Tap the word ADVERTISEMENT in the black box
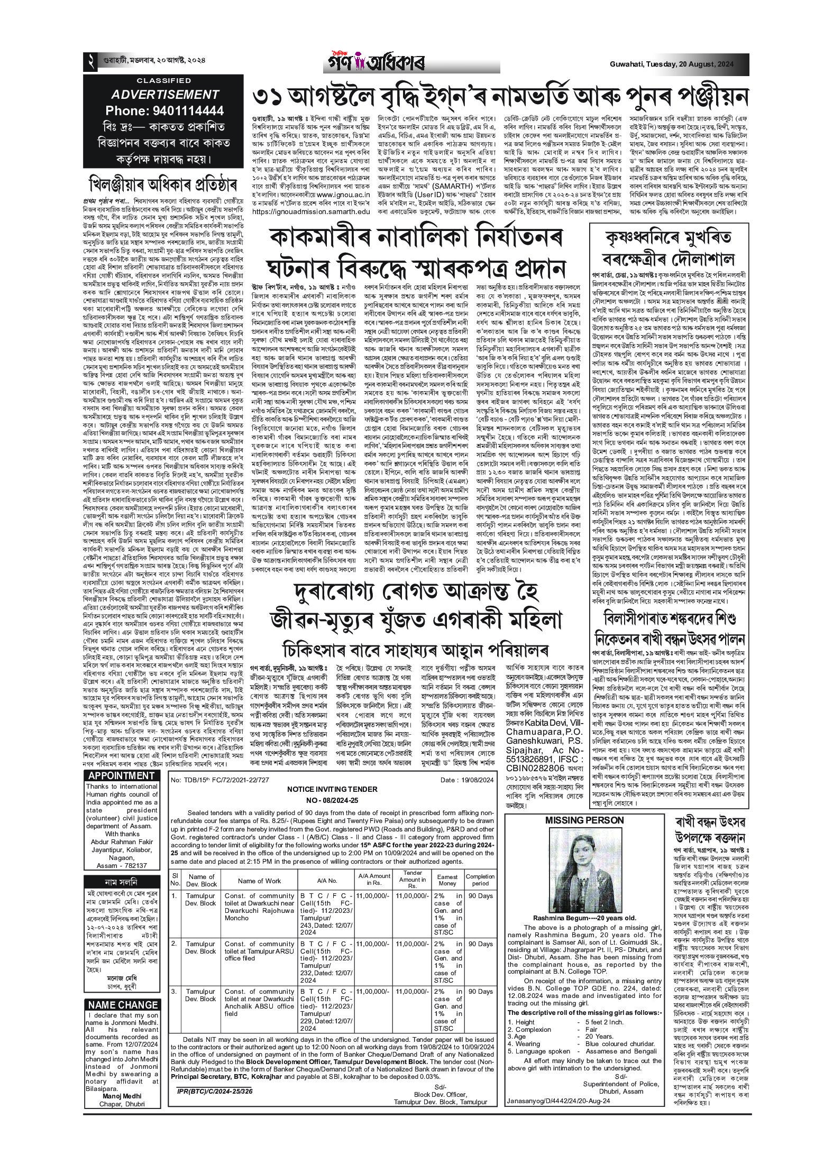(x=164, y=95)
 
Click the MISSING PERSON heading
(x=584, y=820)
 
